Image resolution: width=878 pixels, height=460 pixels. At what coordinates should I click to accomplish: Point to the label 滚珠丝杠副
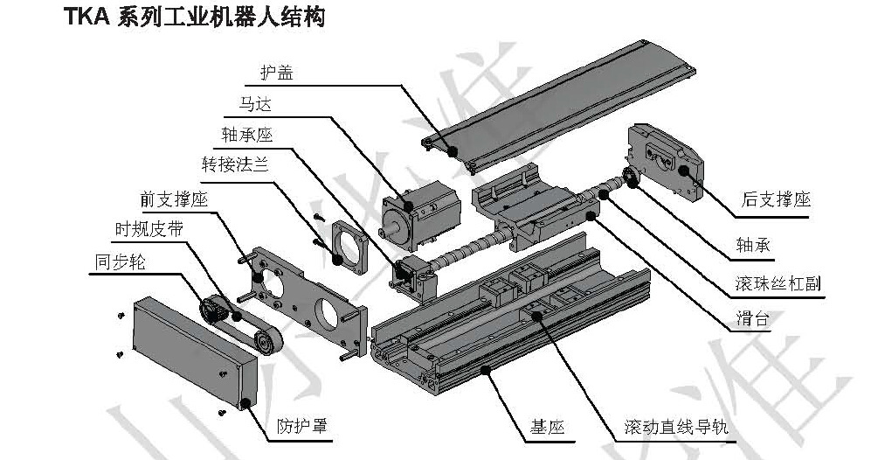[x=777, y=283]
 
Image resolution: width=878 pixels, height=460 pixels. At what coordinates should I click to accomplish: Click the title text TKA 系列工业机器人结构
[x=193, y=17]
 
